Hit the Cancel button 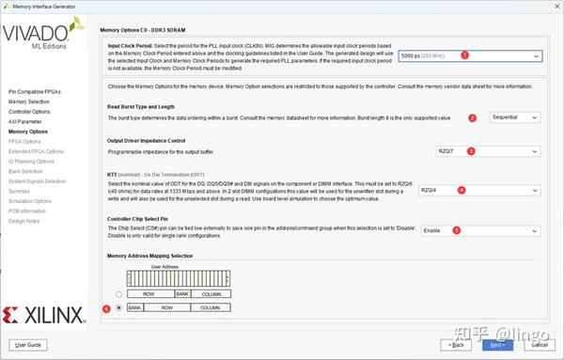(x=536, y=345)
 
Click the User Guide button (x=26, y=345)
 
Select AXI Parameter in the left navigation (x=25, y=121)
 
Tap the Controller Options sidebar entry (x=30, y=111)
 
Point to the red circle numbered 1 (x=464, y=55)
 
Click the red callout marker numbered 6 (x=106, y=306)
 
